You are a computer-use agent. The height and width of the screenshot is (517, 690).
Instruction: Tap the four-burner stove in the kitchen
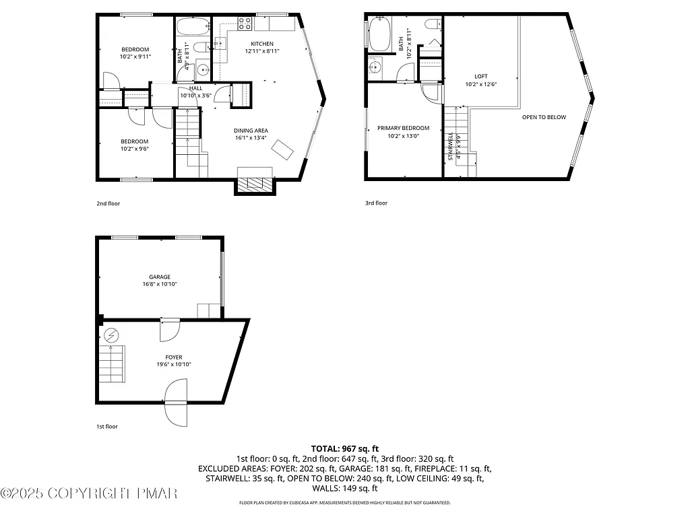tap(244, 24)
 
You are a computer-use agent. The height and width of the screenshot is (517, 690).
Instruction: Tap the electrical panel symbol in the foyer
tap(111, 335)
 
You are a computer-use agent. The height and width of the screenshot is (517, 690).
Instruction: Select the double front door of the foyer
tap(176, 402)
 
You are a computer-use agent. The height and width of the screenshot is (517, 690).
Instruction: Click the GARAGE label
tap(160, 277)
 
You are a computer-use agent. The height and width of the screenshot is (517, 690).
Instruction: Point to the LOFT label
tap(480, 76)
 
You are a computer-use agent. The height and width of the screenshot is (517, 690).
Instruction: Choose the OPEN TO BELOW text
tap(544, 117)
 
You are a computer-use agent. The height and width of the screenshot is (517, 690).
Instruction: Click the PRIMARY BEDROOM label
tap(403, 128)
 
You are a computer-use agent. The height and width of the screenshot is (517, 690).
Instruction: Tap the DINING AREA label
tap(251, 131)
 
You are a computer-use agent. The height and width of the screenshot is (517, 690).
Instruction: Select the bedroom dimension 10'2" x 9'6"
tap(135, 149)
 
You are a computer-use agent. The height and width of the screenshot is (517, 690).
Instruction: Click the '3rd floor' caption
tap(376, 203)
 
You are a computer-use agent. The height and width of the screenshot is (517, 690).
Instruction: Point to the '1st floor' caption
tap(108, 426)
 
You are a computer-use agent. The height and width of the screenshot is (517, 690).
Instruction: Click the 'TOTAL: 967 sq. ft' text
tap(344, 448)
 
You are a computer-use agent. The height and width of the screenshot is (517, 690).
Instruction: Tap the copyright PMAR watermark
tap(89, 494)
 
